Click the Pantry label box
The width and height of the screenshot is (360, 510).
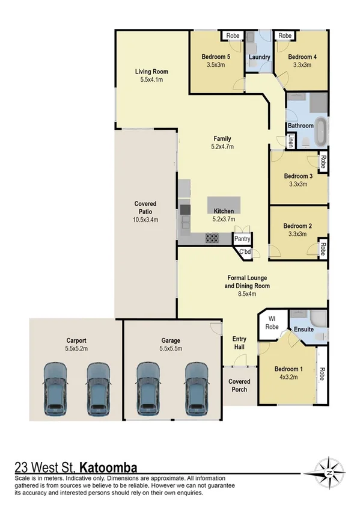pos(242,239)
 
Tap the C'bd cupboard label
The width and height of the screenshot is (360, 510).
pos(245,251)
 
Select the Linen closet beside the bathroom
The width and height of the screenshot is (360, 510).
pos(290,141)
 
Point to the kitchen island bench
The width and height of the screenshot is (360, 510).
pos(224,205)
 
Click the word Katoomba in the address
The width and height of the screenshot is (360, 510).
pos(108,467)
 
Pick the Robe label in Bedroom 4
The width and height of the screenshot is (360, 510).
pos(285,36)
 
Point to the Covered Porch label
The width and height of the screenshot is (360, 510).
pos(239,386)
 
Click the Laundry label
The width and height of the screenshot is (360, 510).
pos(260,58)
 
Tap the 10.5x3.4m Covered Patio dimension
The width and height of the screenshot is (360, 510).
pos(145,220)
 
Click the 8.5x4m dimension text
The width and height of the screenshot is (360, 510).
pos(248,294)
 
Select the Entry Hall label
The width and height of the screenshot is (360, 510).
pos(239,343)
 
